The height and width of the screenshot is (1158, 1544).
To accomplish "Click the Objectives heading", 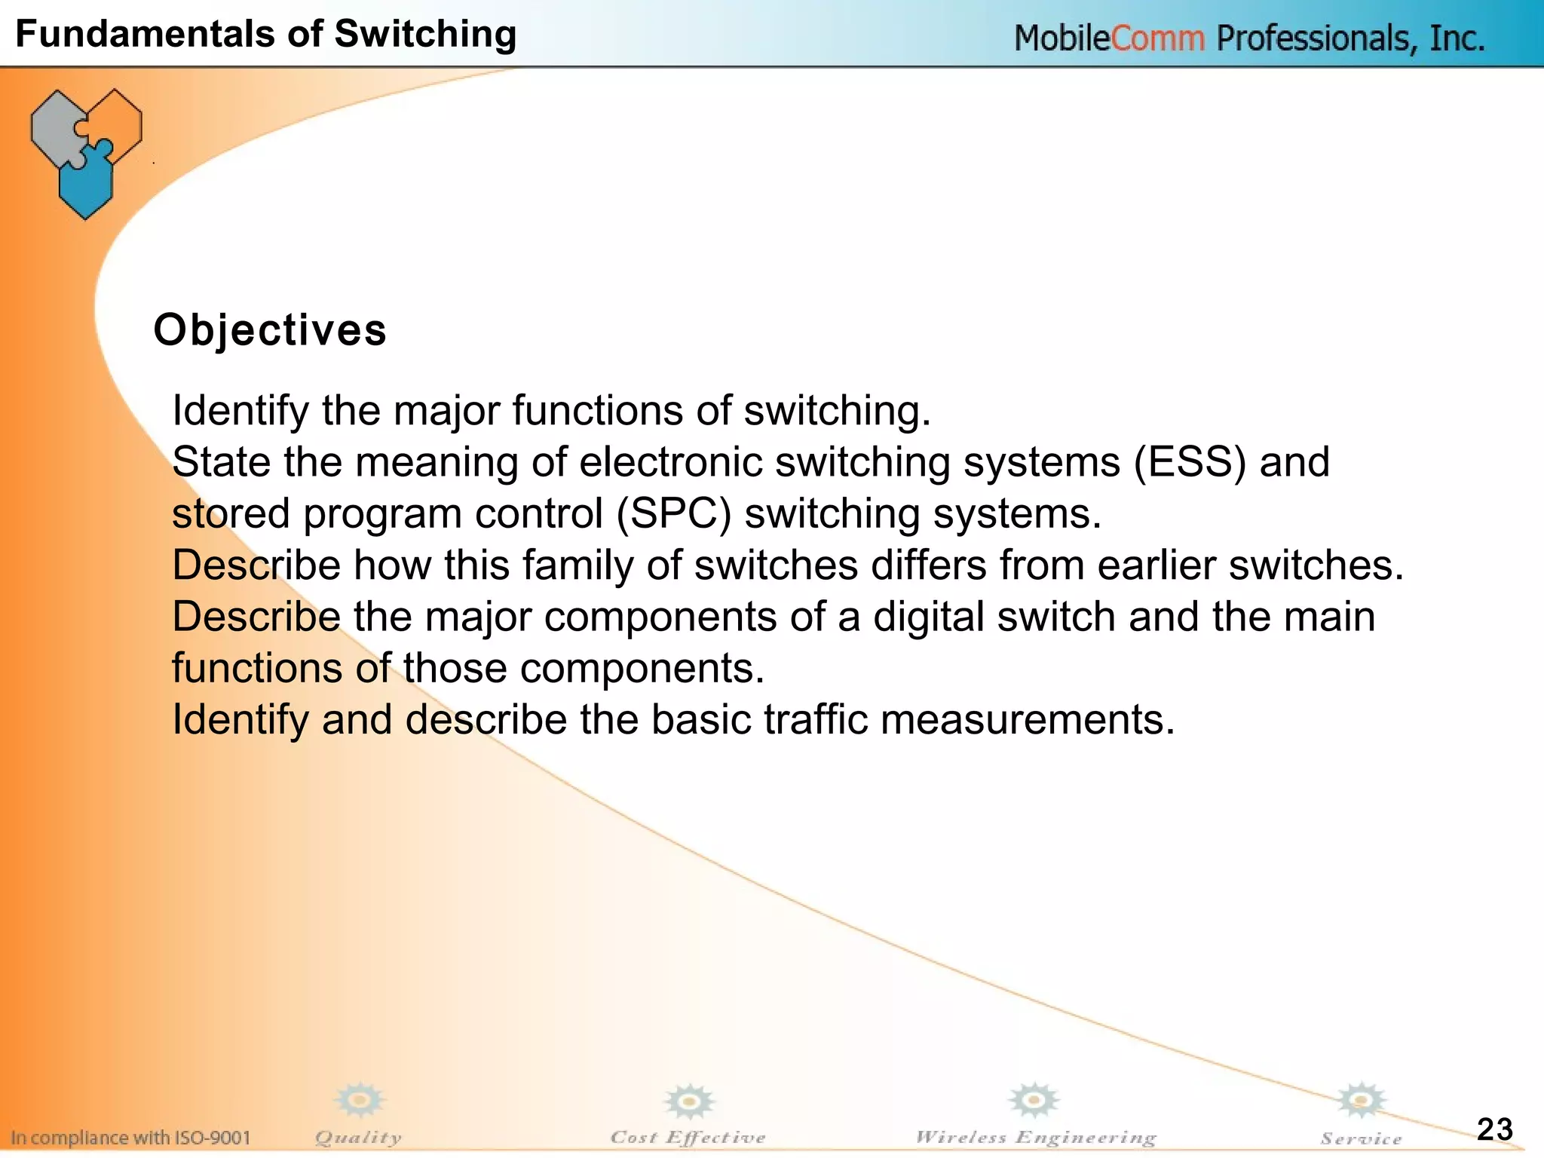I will click(270, 330).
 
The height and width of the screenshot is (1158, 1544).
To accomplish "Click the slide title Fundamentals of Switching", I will click(265, 34).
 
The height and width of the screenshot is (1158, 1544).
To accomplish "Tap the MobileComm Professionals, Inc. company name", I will click(1249, 38).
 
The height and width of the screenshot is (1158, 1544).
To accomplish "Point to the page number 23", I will click(1494, 1129).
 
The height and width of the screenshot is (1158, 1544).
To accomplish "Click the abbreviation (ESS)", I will click(1190, 461).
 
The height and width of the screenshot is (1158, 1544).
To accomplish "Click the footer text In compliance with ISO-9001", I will click(130, 1137).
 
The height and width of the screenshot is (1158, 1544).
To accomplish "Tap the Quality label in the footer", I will click(358, 1137).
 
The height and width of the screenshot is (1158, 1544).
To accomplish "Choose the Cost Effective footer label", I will click(688, 1137).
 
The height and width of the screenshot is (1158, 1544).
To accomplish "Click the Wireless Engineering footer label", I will click(1035, 1137).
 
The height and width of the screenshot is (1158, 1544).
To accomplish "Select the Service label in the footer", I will click(1361, 1138).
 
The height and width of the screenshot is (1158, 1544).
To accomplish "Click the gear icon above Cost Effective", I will click(688, 1101).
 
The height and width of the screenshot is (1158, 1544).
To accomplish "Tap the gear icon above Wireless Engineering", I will click(1034, 1100).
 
